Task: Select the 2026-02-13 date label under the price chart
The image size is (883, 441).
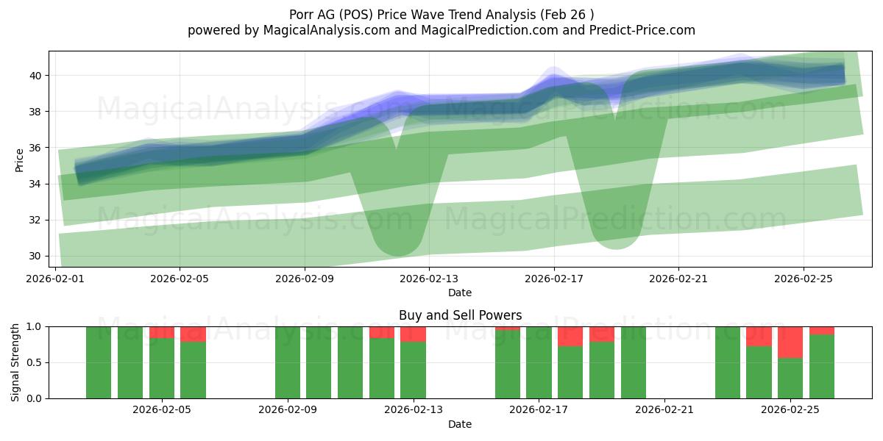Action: click(x=430, y=279)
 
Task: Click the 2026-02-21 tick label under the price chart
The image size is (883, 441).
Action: click(x=678, y=279)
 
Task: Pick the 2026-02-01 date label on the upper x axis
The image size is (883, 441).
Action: click(x=56, y=279)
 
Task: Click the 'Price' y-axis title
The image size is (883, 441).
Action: click(x=20, y=159)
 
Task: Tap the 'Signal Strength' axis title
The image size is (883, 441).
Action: click(x=15, y=362)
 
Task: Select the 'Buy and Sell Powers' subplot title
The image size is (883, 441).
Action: click(x=460, y=315)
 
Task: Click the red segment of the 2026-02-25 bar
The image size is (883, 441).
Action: click(x=790, y=343)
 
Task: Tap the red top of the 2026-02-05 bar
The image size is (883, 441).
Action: click(x=161, y=332)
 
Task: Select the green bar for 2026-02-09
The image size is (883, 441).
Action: click(x=288, y=362)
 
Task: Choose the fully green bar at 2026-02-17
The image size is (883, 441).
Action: click(x=539, y=362)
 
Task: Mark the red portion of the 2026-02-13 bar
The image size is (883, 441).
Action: click(x=413, y=334)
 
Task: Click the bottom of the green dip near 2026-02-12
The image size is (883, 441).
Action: click(x=397, y=251)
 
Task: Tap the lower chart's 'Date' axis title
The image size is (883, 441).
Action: click(x=460, y=424)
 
